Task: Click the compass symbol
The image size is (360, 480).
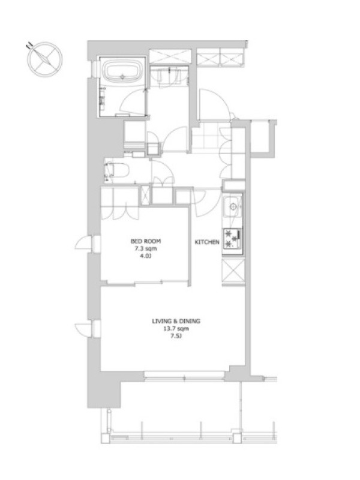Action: click(x=44, y=59)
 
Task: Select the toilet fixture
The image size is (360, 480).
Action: click(x=116, y=170)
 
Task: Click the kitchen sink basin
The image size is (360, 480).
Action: click(x=233, y=207)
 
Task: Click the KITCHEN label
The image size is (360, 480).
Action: click(x=207, y=242)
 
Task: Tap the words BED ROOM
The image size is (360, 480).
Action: click(x=146, y=241)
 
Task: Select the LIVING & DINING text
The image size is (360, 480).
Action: click(x=176, y=321)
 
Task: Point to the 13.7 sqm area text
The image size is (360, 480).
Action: click(x=176, y=329)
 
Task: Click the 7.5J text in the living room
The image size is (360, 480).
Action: click(x=176, y=337)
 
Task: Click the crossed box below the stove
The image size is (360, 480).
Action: click(x=233, y=272)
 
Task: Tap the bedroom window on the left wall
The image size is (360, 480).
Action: click(x=95, y=244)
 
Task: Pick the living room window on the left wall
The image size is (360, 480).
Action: click(x=95, y=329)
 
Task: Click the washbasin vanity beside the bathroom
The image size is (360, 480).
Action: click(x=169, y=76)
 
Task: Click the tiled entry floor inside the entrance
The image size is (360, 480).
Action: click(x=207, y=137)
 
